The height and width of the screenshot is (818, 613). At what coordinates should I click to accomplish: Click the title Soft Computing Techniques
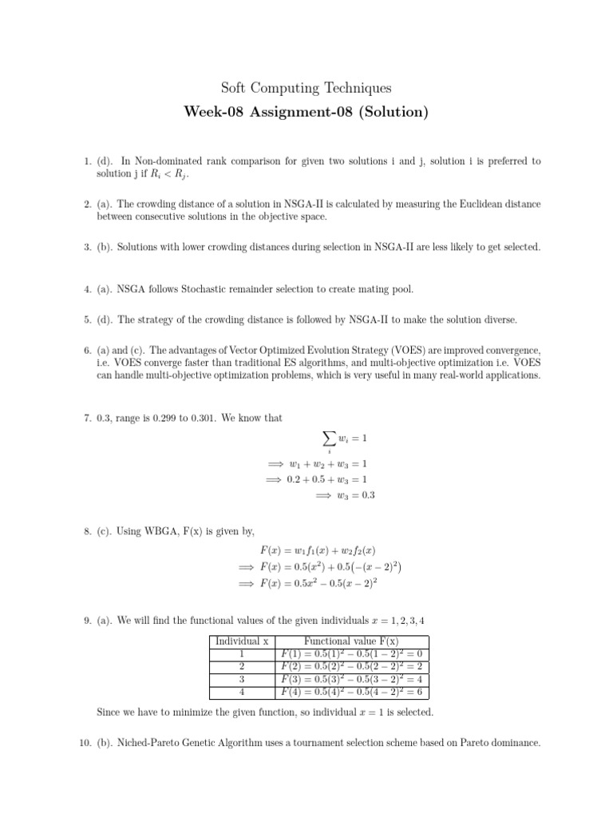click(x=306, y=88)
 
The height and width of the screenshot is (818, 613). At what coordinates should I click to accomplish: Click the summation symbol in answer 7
click(x=328, y=439)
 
